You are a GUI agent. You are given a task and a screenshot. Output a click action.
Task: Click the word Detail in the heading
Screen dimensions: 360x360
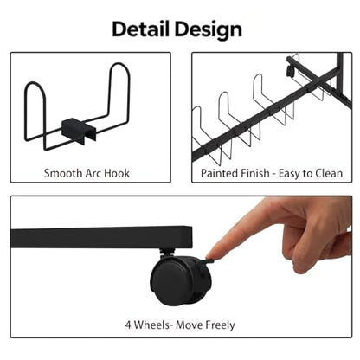click(x=140, y=29)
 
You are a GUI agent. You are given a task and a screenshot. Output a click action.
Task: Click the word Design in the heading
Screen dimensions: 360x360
click(x=209, y=30)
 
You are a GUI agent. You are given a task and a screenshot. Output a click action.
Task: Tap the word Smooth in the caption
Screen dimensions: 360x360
click(x=63, y=173)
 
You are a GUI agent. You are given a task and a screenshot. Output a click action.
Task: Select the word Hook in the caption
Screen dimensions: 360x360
click(x=117, y=173)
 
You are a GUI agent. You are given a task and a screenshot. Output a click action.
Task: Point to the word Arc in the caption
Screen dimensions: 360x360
click(x=93, y=173)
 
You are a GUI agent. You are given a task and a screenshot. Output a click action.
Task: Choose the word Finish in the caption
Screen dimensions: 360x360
click(x=254, y=173)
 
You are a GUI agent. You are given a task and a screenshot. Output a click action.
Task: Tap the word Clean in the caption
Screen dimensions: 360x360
click(x=329, y=173)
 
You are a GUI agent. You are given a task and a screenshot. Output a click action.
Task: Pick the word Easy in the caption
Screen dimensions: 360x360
click(x=289, y=174)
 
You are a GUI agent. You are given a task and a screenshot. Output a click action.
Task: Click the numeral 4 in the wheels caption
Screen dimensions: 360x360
click(x=128, y=325)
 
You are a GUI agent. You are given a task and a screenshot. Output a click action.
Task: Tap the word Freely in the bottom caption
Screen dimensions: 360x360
click(x=220, y=325)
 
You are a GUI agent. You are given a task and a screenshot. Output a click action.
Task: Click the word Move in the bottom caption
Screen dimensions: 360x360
click(x=189, y=325)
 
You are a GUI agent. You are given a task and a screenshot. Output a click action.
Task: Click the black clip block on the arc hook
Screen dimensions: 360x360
click(x=78, y=129)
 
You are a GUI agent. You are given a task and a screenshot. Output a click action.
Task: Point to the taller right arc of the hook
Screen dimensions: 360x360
click(x=120, y=87)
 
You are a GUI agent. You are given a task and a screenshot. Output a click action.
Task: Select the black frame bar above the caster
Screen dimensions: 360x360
click(x=101, y=237)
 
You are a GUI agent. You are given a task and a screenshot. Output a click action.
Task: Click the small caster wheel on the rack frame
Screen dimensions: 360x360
click(x=290, y=71)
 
